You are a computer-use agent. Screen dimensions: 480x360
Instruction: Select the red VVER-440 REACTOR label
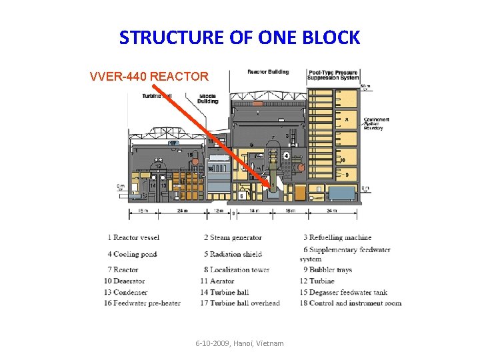(149, 76)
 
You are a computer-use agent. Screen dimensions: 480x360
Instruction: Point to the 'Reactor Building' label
(268, 72)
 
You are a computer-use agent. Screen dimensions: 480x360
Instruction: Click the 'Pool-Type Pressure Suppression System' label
(333, 75)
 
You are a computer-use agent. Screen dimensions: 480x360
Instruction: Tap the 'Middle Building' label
(207, 99)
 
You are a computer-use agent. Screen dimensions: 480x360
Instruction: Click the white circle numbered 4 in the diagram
(286, 155)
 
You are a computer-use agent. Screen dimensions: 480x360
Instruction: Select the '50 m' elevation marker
(365, 87)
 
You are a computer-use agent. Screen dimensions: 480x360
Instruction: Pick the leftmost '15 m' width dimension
(143, 211)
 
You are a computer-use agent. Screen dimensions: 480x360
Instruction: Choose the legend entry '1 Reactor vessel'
(133, 237)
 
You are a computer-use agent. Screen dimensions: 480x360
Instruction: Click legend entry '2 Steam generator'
(233, 237)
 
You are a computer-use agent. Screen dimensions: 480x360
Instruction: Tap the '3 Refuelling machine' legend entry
(337, 237)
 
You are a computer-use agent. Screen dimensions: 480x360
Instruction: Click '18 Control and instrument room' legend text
(351, 303)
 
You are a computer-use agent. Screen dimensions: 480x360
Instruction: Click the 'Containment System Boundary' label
(377, 123)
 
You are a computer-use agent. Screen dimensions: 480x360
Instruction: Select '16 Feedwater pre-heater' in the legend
(142, 303)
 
